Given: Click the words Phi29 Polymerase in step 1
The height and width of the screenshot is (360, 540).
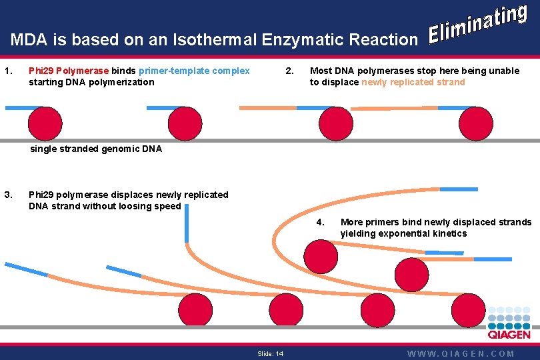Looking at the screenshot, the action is point(69,71).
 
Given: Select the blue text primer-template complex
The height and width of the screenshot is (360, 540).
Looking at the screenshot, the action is point(194,71).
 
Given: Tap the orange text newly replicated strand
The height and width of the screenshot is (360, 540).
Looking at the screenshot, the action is point(413,82).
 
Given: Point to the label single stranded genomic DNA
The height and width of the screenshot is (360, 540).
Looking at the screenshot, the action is point(96,149).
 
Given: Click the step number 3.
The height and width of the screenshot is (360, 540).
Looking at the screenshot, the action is point(7,195).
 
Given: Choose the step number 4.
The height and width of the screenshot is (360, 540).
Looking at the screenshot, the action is point(320,221).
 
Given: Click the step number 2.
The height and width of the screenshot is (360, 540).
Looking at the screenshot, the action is point(288,71).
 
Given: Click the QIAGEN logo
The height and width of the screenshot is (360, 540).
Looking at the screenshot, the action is point(509,325).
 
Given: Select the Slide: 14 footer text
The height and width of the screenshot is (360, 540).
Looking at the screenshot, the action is point(270,353).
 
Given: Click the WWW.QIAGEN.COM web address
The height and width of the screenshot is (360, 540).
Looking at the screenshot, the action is point(461,353).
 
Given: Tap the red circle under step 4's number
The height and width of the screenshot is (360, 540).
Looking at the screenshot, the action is point(321,255).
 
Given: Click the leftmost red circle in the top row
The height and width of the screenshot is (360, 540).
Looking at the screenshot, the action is point(45,124).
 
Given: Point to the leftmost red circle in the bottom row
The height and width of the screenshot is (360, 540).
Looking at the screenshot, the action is point(195,309).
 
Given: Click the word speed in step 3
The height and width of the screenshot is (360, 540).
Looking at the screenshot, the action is point(167,206).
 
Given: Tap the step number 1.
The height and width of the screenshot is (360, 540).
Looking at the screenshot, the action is point(7,71).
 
